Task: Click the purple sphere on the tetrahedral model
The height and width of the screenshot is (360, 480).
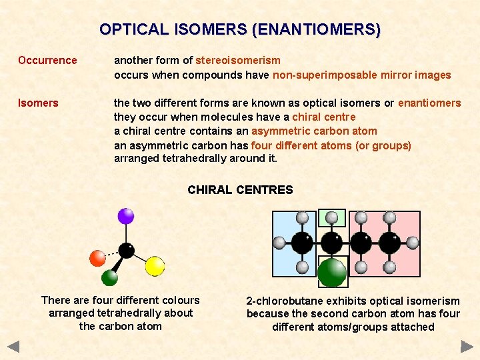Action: (x=125, y=215)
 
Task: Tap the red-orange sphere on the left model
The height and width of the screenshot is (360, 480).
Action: (x=97, y=257)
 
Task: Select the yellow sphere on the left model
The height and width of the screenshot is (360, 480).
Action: (x=155, y=266)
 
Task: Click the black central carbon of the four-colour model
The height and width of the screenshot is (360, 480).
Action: (x=126, y=251)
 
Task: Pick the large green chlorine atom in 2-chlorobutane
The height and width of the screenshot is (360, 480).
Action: (x=331, y=271)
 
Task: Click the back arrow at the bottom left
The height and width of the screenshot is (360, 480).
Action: (x=13, y=347)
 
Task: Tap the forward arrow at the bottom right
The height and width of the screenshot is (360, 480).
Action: (x=467, y=347)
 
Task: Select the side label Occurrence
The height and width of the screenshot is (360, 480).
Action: (x=47, y=61)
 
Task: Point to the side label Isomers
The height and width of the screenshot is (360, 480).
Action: (x=38, y=103)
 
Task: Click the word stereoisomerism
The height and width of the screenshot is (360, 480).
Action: (x=238, y=61)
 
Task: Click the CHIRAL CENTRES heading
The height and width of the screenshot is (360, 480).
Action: (x=240, y=190)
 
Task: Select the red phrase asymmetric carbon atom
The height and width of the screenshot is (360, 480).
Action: (x=314, y=131)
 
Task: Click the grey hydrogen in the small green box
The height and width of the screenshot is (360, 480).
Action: (x=331, y=217)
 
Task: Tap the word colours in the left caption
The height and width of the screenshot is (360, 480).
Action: (x=180, y=300)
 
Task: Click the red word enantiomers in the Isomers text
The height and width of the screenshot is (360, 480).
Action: (x=429, y=103)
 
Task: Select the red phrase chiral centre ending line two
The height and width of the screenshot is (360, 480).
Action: (x=324, y=117)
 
